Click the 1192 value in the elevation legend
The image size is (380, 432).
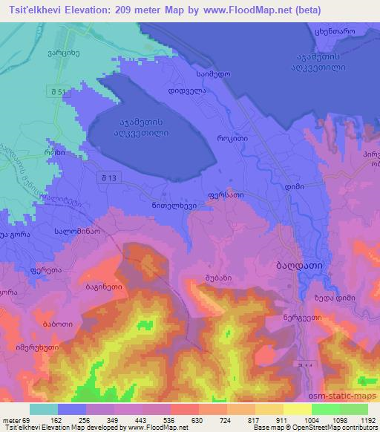[362, 420]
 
